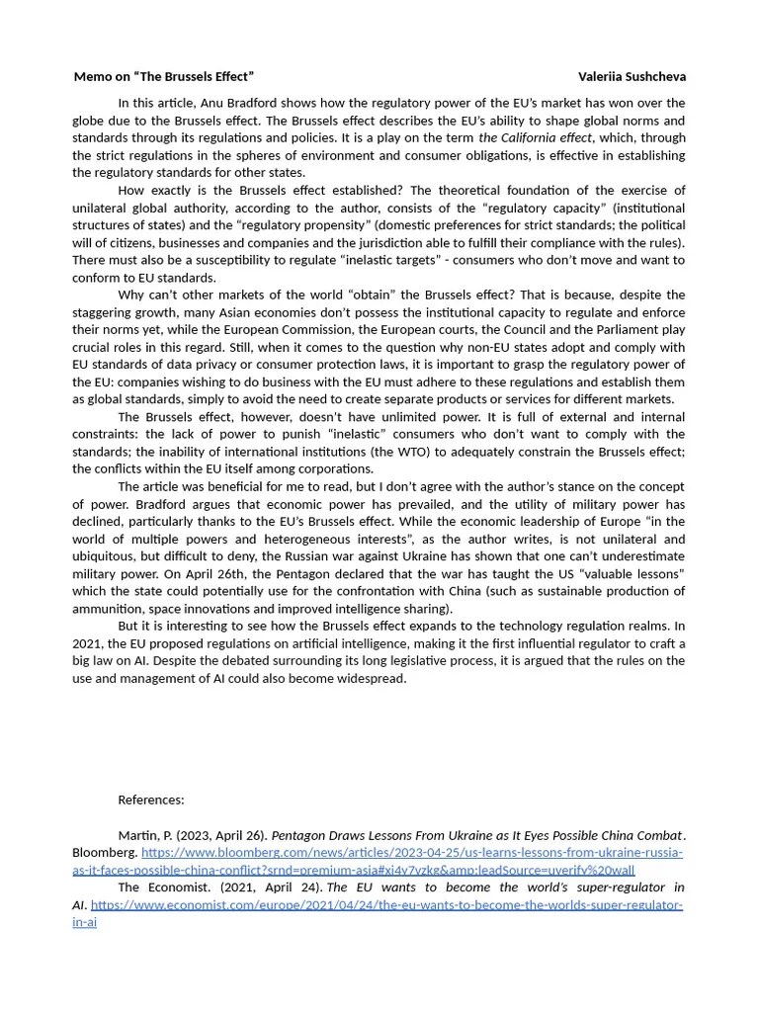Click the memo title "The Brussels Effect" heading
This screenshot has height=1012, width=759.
(x=163, y=76)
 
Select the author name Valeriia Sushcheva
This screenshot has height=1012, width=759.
(x=632, y=76)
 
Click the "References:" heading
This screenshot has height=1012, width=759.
(x=151, y=800)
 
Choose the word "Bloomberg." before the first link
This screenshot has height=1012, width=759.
(x=105, y=852)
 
